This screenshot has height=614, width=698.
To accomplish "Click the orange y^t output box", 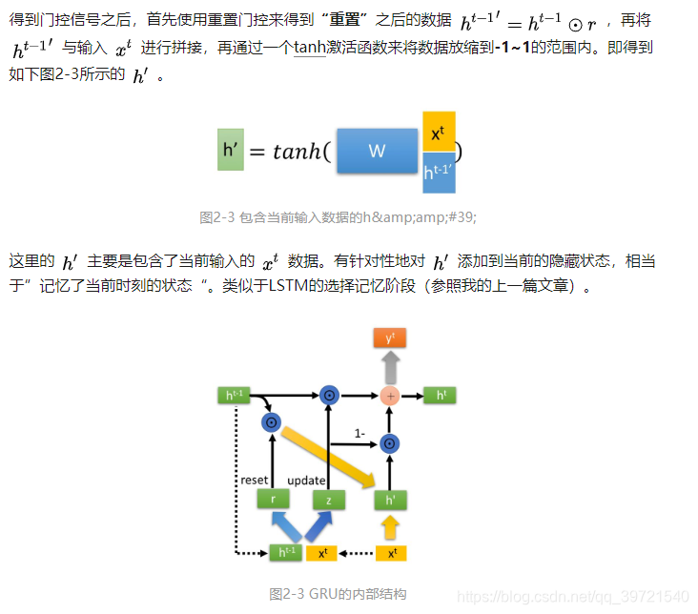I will coord(389,338).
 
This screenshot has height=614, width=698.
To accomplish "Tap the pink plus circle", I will coord(389,395).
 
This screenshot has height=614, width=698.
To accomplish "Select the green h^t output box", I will coord(441,395).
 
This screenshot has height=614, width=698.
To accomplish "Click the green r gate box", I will coord(273,499).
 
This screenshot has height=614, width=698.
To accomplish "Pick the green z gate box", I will coord(329,499).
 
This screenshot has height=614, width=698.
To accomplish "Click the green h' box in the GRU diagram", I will coord(389,499).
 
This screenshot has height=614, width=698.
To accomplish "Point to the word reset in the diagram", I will coord(255,480).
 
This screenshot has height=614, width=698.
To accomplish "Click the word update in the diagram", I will coord(306,480).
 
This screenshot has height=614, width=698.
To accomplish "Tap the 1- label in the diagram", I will coord(359,433).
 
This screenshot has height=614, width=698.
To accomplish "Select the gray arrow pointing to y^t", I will coord(389,365).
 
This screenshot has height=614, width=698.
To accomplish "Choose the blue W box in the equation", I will coord(377,151).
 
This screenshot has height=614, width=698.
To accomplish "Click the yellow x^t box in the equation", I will coord(439,133).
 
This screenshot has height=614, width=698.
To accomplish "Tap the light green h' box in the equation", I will coord(231,150).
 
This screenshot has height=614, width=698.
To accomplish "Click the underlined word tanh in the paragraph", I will coord(310,47).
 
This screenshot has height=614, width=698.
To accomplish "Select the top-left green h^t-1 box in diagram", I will coord(234,395).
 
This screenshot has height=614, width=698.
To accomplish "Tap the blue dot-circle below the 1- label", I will coord(389,443).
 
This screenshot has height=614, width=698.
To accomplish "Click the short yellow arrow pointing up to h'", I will coord(389,525).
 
